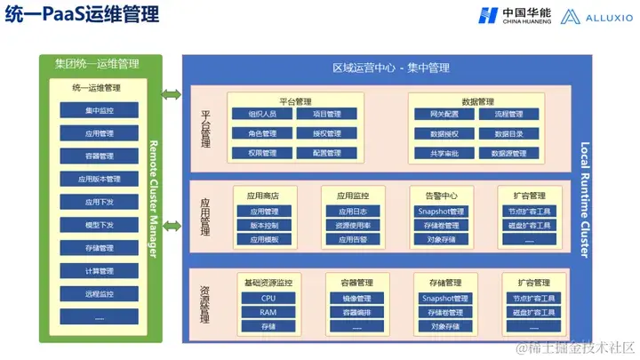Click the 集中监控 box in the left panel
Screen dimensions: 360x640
(x=100, y=110)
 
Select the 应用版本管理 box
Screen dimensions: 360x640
(x=100, y=179)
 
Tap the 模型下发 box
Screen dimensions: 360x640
(x=100, y=225)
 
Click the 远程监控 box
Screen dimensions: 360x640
(x=100, y=293)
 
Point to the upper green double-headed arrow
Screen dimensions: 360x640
(x=172, y=93)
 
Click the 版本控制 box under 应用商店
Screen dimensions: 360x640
(x=263, y=226)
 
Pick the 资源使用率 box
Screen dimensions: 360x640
(x=353, y=226)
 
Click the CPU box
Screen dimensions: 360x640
(x=268, y=299)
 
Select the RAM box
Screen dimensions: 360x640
(x=268, y=313)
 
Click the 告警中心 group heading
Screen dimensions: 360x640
(x=443, y=196)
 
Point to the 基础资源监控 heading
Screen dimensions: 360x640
(x=268, y=283)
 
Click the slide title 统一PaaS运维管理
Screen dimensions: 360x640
(x=84, y=16)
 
